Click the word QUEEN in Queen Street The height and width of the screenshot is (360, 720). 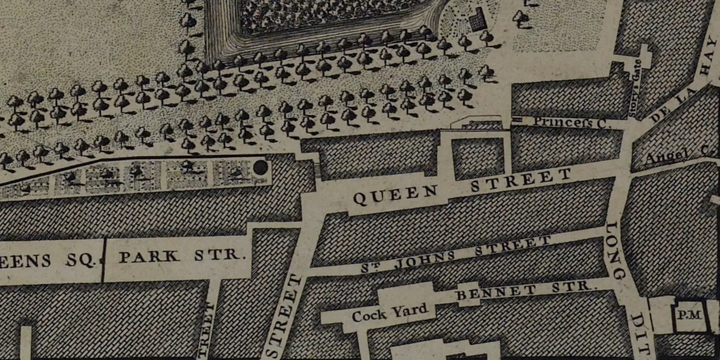395,195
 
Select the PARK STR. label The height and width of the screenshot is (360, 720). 180,256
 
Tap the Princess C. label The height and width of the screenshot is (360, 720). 572,122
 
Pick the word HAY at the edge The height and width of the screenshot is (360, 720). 708,57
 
